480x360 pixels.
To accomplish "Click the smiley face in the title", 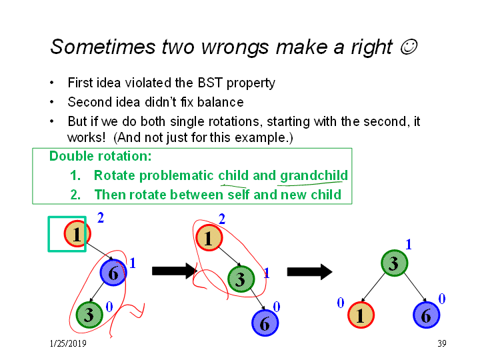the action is pos(409,47).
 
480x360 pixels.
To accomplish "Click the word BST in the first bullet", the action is pos(210,83).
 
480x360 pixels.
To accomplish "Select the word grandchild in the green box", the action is pos(314,176).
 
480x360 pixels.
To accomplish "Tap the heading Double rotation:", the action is pos(101,156).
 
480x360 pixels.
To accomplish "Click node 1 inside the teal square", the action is pos(77,234).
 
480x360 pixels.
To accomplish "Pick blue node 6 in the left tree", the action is pos(113,273).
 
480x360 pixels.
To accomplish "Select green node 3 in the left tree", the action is pos(89,315).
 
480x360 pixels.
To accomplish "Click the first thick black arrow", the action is pos(174,271).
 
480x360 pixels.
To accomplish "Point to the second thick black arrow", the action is pos(309,271).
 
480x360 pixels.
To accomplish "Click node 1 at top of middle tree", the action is pos(209,238).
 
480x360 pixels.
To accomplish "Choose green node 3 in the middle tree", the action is pos(241,279).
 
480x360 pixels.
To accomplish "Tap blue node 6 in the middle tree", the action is pos(265,323).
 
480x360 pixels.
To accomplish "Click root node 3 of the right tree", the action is pos(394,263).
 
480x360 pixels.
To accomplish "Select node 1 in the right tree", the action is pos(361,315).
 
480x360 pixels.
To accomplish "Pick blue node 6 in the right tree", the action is pos(427,315).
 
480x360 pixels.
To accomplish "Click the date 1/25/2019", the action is pos(68,343).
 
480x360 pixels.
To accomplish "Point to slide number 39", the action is pos(442,343).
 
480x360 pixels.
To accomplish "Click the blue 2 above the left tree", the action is pos(101,217).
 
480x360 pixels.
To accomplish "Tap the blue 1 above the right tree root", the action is pos(409,244).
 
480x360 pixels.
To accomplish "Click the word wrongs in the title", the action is pos(235,47).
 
